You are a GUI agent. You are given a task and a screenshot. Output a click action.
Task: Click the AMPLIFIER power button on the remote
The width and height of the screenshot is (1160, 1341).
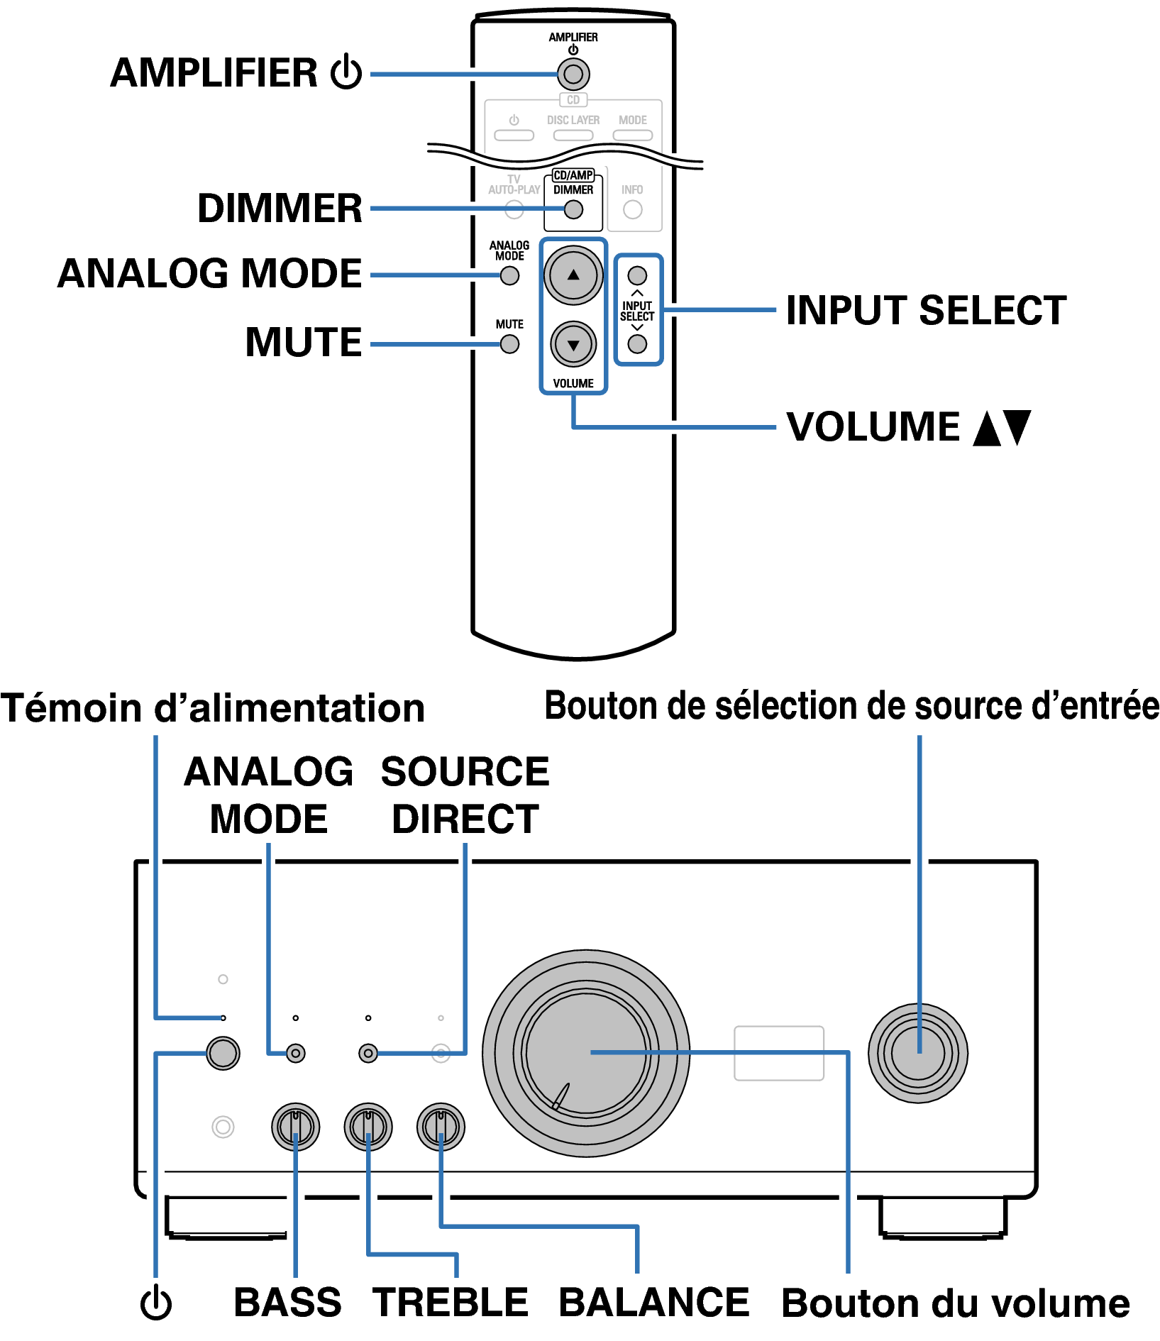[573, 74]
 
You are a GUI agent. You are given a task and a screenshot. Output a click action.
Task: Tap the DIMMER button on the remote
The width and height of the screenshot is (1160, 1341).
[573, 210]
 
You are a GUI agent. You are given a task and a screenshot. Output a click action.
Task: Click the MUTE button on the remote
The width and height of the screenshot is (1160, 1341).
[509, 344]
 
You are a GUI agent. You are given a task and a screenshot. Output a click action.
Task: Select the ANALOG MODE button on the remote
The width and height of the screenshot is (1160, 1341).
[509, 276]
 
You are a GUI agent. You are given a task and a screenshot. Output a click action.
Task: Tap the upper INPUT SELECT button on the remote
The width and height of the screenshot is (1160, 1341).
[637, 275]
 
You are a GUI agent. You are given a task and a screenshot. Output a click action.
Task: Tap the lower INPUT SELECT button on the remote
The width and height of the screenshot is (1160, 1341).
[637, 344]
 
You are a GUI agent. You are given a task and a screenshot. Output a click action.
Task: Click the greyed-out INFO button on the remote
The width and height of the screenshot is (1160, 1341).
[632, 210]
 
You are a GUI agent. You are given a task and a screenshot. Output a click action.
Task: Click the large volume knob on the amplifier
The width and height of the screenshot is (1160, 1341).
[586, 1053]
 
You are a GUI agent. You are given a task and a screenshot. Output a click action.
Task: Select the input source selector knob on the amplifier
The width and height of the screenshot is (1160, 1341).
[917, 1053]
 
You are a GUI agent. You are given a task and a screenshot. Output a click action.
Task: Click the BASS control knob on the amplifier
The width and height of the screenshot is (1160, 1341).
[295, 1126]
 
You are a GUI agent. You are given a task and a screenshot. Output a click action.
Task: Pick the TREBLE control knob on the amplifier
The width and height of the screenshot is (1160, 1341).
[368, 1126]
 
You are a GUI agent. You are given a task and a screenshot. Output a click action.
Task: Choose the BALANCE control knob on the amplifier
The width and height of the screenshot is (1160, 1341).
[441, 1126]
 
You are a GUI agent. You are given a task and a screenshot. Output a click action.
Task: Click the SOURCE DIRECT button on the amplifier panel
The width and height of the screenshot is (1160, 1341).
[368, 1053]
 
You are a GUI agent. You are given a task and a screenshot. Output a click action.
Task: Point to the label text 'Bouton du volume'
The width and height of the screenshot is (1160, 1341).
[955, 1303]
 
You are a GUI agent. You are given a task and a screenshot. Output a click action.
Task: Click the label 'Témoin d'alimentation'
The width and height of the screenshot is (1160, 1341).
[212, 708]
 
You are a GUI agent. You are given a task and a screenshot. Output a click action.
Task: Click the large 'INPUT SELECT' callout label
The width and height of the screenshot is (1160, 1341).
[926, 310]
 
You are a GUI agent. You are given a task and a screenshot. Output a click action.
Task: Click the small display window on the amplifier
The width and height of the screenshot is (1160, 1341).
[778, 1053]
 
